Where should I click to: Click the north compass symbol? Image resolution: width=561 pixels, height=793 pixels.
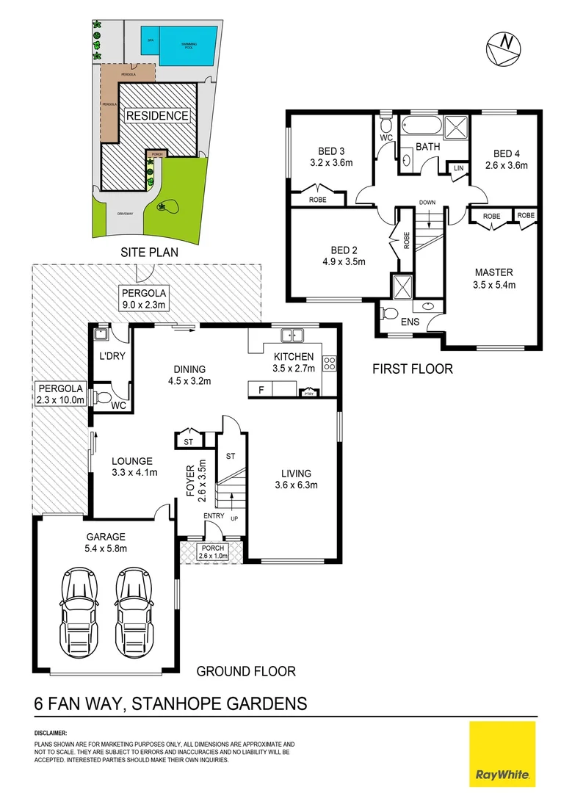tap(504, 46)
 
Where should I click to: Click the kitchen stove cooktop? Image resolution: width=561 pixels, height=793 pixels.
tap(330, 361)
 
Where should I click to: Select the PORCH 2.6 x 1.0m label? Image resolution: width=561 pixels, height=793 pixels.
tap(213, 551)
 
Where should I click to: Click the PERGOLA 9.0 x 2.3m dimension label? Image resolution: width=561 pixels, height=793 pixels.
tap(145, 298)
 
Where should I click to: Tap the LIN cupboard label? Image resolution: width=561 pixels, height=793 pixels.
tap(459, 169)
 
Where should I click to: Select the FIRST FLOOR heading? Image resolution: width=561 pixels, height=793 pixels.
tap(412, 369)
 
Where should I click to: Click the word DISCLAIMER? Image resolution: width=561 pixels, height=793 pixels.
tap(51, 733)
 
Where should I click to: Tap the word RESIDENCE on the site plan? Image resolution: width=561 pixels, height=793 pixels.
tap(157, 115)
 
